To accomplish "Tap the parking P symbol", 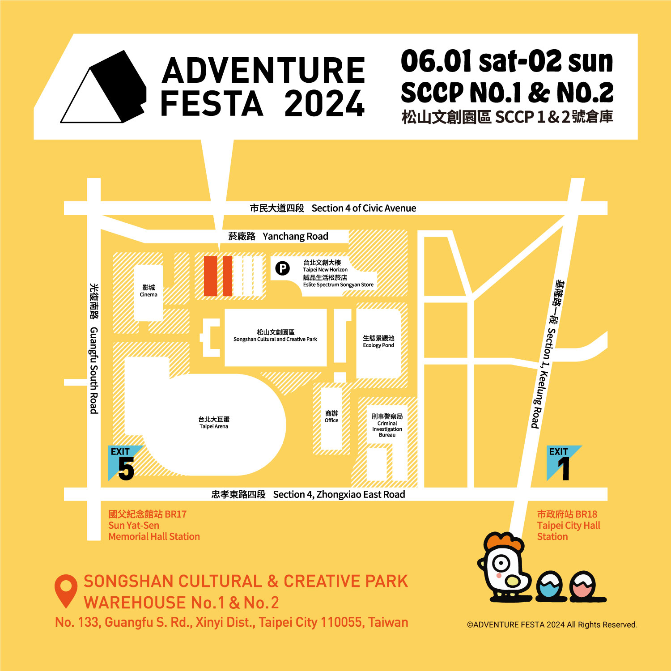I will (x=282, y=268).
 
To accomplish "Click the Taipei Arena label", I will (x=214, y=422).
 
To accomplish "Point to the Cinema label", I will (x=149, y=291).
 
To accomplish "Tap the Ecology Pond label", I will (x=378, y=341).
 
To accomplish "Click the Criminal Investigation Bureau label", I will (x=387, y=425).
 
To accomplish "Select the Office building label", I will (x=331, y=416).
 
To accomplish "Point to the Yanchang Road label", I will (x=278, y=236).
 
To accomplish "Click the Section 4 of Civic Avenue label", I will (x=333, y=208).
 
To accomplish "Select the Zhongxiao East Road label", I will (x=308, y=494).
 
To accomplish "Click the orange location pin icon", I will (x=66, y=590).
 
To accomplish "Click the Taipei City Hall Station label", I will (x=568, y=525).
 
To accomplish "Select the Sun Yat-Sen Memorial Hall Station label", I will (x=154, y=525).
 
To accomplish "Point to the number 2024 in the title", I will (x=324, y=104).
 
